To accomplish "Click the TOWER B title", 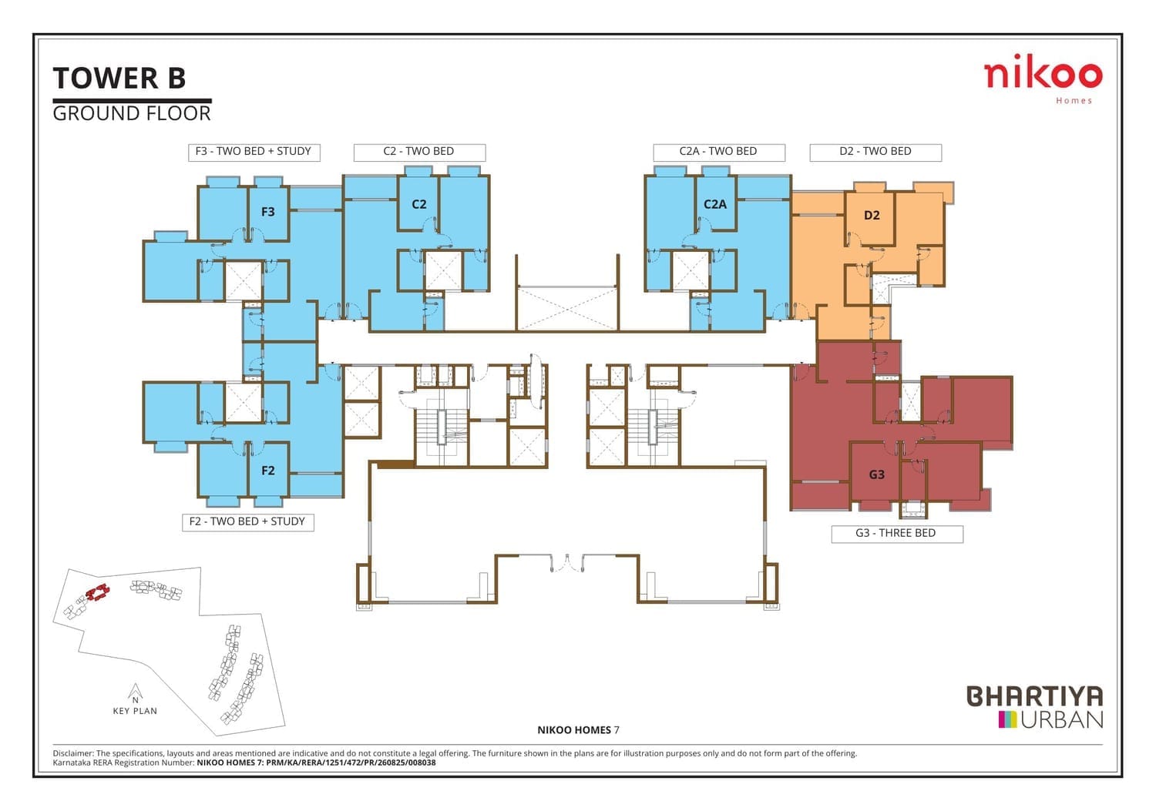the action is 119,78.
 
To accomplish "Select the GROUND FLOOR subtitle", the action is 132,113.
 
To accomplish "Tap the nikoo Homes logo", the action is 1043,79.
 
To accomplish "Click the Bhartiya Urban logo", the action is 1035,707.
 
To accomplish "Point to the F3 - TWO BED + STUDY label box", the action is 254,152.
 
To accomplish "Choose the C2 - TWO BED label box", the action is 419,152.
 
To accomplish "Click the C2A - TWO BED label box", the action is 719,152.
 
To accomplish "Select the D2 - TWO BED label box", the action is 875,152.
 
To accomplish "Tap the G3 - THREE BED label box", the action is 897,534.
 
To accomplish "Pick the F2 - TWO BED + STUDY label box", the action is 247,521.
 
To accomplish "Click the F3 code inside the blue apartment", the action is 268,212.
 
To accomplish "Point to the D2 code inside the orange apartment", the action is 872,215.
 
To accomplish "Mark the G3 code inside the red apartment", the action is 877,474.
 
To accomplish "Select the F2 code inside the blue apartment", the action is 268,470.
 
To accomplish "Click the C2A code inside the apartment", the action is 714,204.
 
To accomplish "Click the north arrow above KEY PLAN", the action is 135,692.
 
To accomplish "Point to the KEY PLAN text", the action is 135,711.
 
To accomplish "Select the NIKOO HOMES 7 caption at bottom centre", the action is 578,730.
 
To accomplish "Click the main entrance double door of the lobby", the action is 567,563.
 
